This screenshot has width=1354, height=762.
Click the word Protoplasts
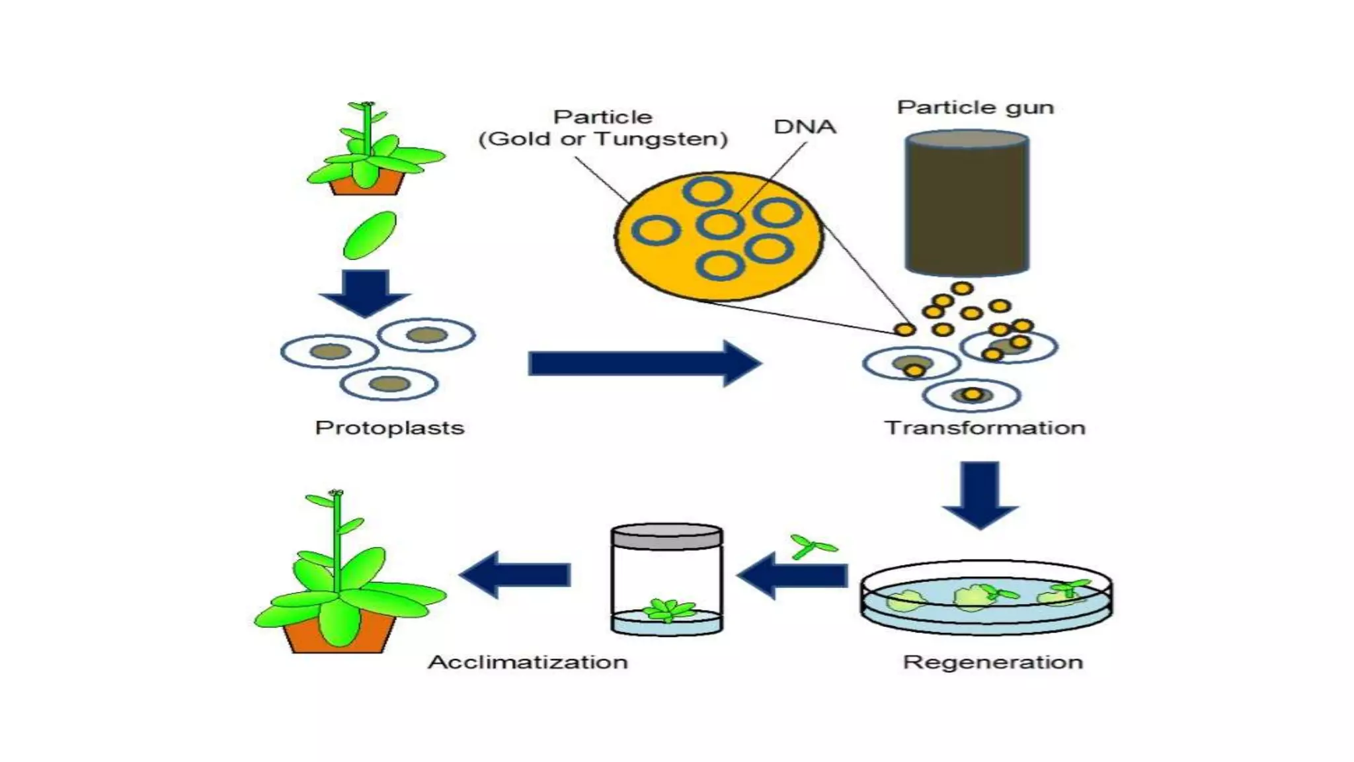click(389, 428)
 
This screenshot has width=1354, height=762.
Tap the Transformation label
click(985, 428)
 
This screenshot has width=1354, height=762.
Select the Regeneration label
click(992, 662)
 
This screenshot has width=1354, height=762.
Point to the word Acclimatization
click(528, 662)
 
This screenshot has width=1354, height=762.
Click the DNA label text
click(805, 126)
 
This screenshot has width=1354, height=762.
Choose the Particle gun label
click(975, 107)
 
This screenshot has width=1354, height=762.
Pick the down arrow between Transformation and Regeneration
click(980, 493)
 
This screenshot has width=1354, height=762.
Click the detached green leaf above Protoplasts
click(370, 235)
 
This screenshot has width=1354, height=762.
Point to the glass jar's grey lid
click(666, 536)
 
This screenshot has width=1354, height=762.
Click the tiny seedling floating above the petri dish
click(812, 546)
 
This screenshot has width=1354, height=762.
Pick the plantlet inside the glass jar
click(669, 609)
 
